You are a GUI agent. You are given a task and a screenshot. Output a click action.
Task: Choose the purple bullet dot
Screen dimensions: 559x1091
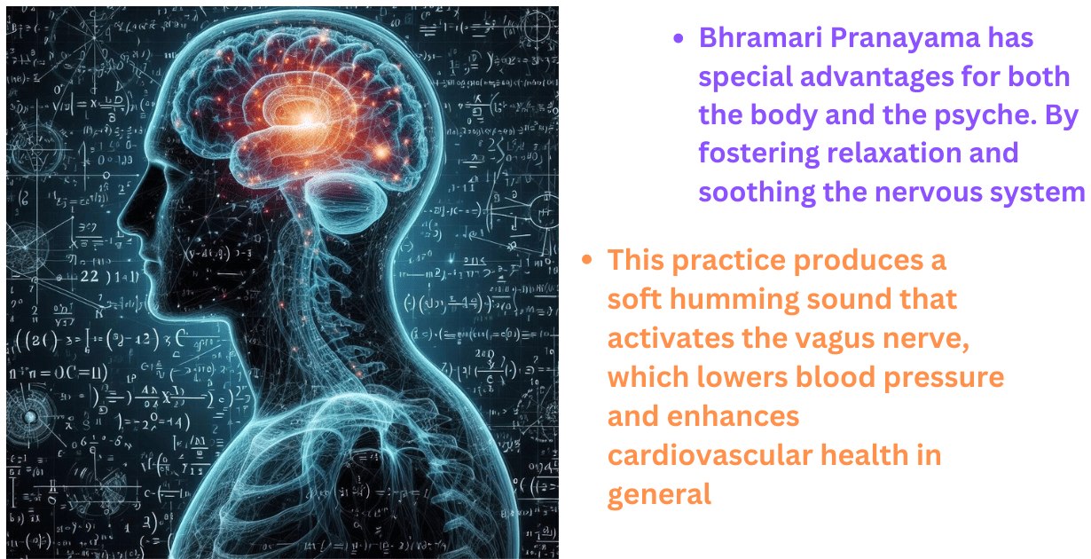679,39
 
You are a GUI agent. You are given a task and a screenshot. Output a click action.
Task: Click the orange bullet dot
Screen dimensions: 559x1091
586,261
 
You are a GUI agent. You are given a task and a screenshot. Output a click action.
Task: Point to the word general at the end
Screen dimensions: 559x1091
659,493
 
